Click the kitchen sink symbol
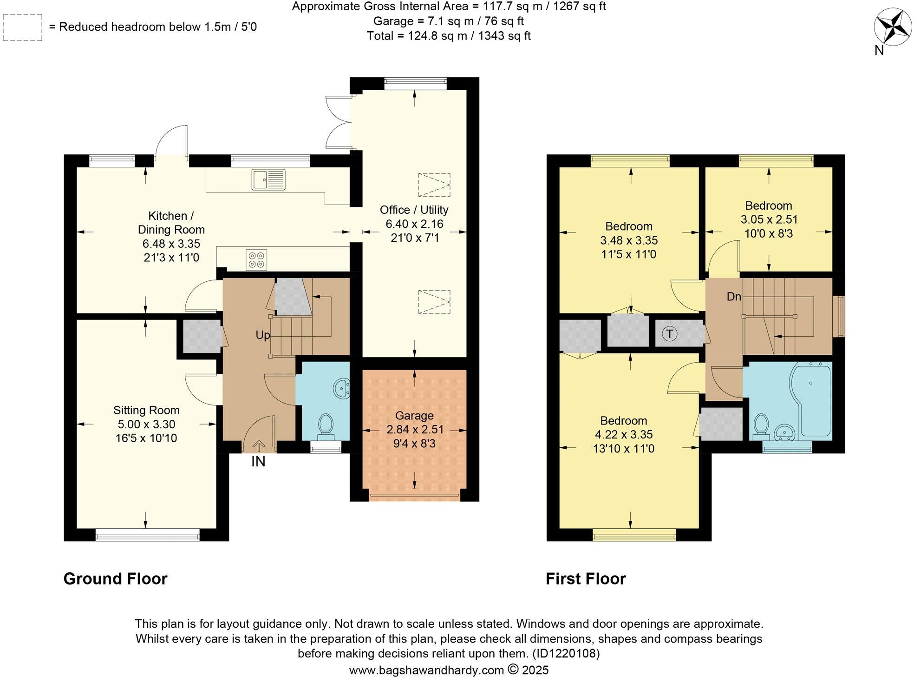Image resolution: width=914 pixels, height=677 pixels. (268, 179)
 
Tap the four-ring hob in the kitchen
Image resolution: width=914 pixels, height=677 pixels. (257, 259)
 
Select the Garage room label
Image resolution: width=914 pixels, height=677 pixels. (414, 416)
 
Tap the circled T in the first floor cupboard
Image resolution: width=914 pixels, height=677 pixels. (669, 333)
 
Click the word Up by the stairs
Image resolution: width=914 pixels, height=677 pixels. (263, 335)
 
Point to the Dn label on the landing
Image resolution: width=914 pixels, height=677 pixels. (734, 296)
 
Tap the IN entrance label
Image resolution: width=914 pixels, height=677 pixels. (258, 462)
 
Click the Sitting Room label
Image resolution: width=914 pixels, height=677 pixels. (146, 410)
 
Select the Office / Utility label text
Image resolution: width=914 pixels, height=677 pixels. (414, 209)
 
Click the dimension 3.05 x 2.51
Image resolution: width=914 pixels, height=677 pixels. (769, 219)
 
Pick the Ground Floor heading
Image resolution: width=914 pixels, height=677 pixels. (115, 578)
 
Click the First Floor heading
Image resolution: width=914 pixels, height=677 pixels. (585, 578)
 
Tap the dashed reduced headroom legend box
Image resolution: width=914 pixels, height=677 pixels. (22, 27)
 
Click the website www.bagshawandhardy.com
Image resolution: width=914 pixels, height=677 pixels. (426, 670)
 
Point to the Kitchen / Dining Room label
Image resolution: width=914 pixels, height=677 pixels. (171, 223)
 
